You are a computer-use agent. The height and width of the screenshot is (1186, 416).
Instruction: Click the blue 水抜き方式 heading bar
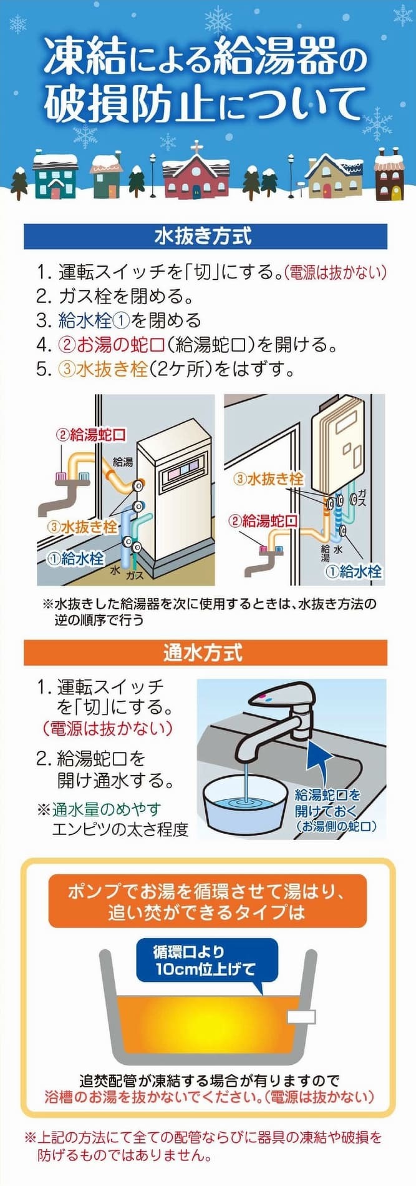pos(205,236)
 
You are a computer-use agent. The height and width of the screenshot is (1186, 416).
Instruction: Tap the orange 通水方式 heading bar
pos(205,653)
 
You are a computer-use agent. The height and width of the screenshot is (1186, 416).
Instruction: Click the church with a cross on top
pos(195,170)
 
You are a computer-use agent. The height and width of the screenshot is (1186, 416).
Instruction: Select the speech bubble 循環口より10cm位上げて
pos(206,962)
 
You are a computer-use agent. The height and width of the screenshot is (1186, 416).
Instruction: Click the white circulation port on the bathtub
pos(301,1016)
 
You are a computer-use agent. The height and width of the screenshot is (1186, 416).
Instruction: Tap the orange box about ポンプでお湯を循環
pos(207,901)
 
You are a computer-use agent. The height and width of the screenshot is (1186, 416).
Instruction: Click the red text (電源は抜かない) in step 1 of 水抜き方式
pos(336,272)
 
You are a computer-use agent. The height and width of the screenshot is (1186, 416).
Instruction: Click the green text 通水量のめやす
pos(106,809)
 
